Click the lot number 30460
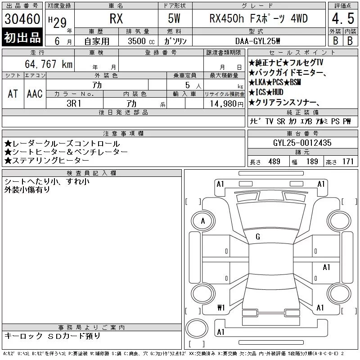(22, 19)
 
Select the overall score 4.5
(343, 18)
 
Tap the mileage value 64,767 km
(49, 64)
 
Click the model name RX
(116, 18)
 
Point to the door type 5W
(174, 18)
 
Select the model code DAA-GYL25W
(257, 41)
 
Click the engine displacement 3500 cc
(141, 41)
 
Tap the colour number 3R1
(74, 103)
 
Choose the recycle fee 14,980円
(226, 104)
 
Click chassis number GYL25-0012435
(302, 143)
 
